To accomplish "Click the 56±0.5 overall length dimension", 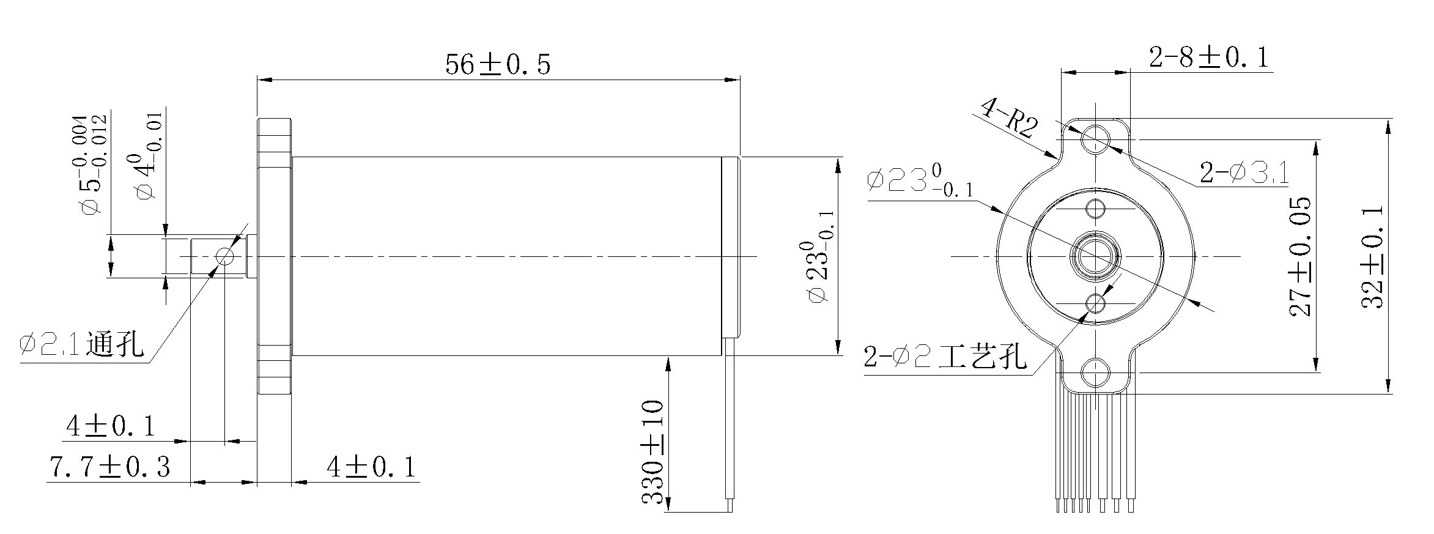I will coord(497,64).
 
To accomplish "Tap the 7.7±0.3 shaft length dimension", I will coord(109,467).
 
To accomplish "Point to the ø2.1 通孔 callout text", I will coord(82,345).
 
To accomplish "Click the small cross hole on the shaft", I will coord(224,256).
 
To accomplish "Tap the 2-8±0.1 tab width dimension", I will coord(1208,57).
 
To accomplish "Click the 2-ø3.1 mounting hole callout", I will coord(1244,172).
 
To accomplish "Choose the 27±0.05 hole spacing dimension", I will coord(1301,256).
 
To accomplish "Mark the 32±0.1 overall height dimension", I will coord(1372,256).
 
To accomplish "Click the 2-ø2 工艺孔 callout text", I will coord(945,357).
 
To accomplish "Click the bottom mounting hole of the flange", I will coord(1095,372).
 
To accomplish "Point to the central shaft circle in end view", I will coord(1095,256).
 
